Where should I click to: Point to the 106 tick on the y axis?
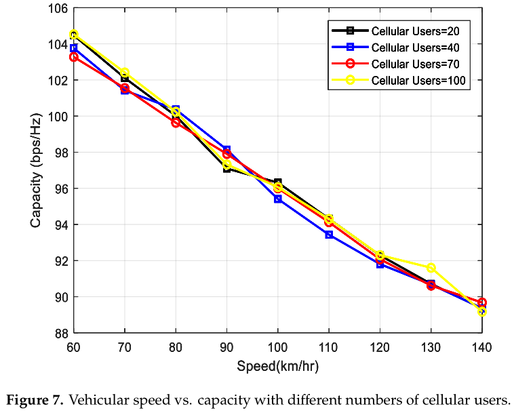pos(59,8)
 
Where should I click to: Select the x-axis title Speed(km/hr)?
pos(277,366)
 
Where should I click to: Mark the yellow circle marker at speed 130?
pos(431,268)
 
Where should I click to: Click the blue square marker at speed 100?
pos(277,199)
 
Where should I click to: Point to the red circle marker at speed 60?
pos(74,57)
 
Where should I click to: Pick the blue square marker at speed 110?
pos(329,235)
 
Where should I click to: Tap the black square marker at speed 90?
pos(226,168)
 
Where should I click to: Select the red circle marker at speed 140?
pos(481,302)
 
